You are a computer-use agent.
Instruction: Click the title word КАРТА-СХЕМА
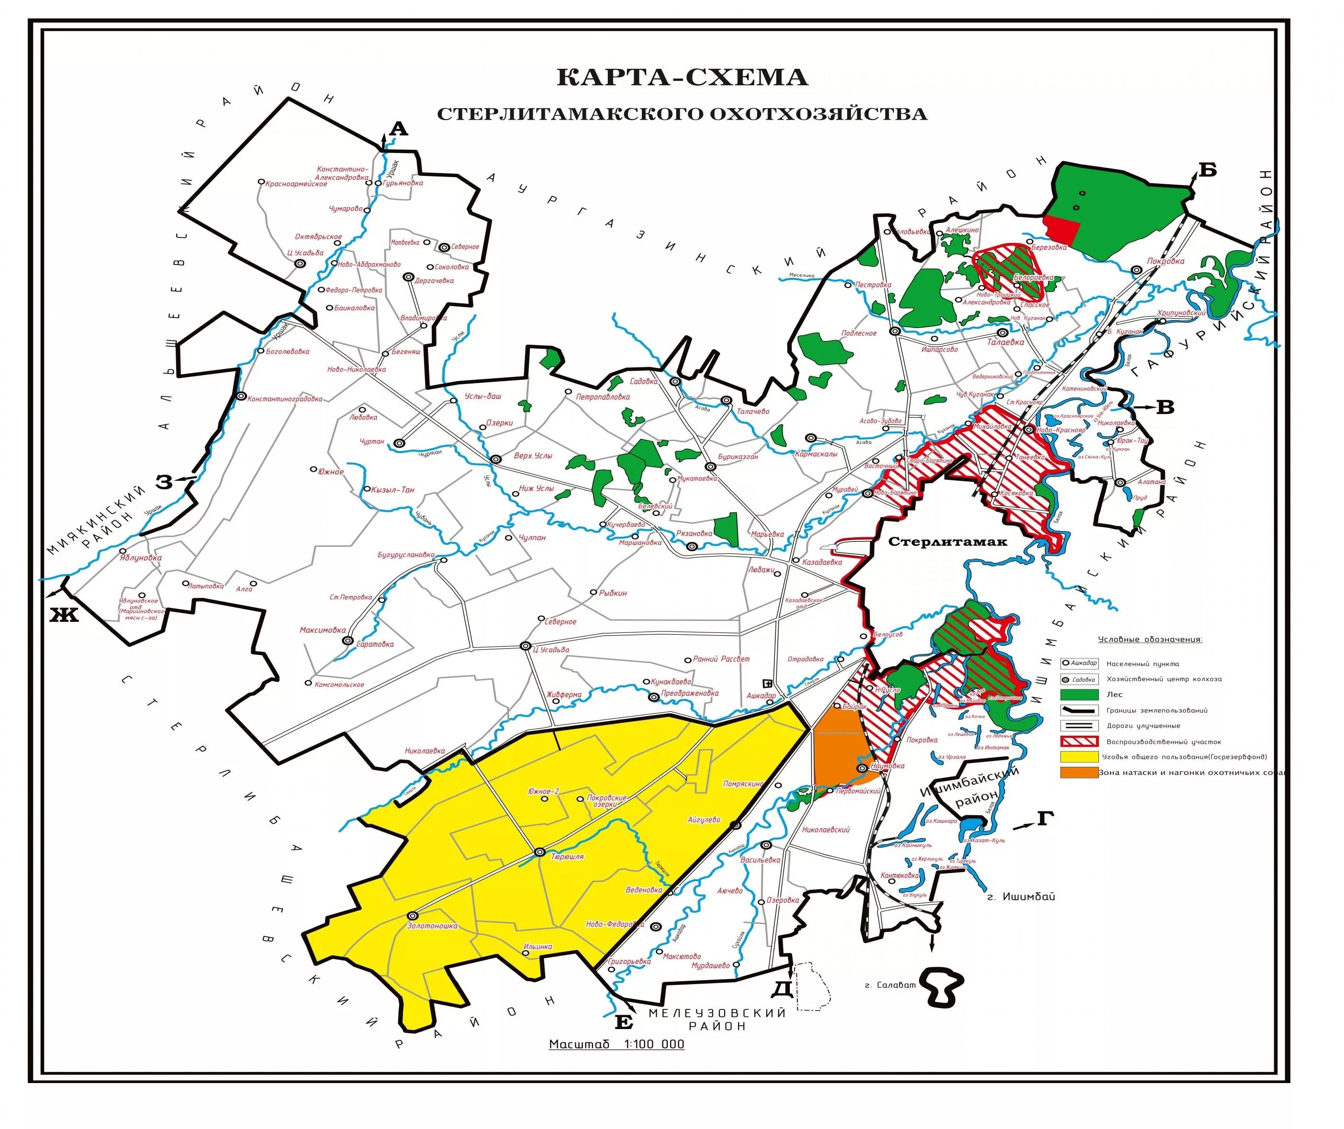pos(682,77)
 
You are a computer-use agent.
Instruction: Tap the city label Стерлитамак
pos(948,542)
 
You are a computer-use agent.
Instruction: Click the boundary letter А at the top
pos(398,129)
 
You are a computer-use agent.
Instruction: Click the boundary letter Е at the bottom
pos(624,1022)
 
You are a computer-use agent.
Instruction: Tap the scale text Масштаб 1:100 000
pos(616,1044)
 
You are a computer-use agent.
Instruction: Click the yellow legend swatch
pos(1079,756)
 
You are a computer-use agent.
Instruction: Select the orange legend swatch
pos(1079,773)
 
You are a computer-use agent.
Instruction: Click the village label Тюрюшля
pos(567,856)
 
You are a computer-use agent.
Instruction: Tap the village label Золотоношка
pos(432,926)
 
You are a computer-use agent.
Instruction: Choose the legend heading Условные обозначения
pos(1150,640)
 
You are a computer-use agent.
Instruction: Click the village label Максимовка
pos(322,630)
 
